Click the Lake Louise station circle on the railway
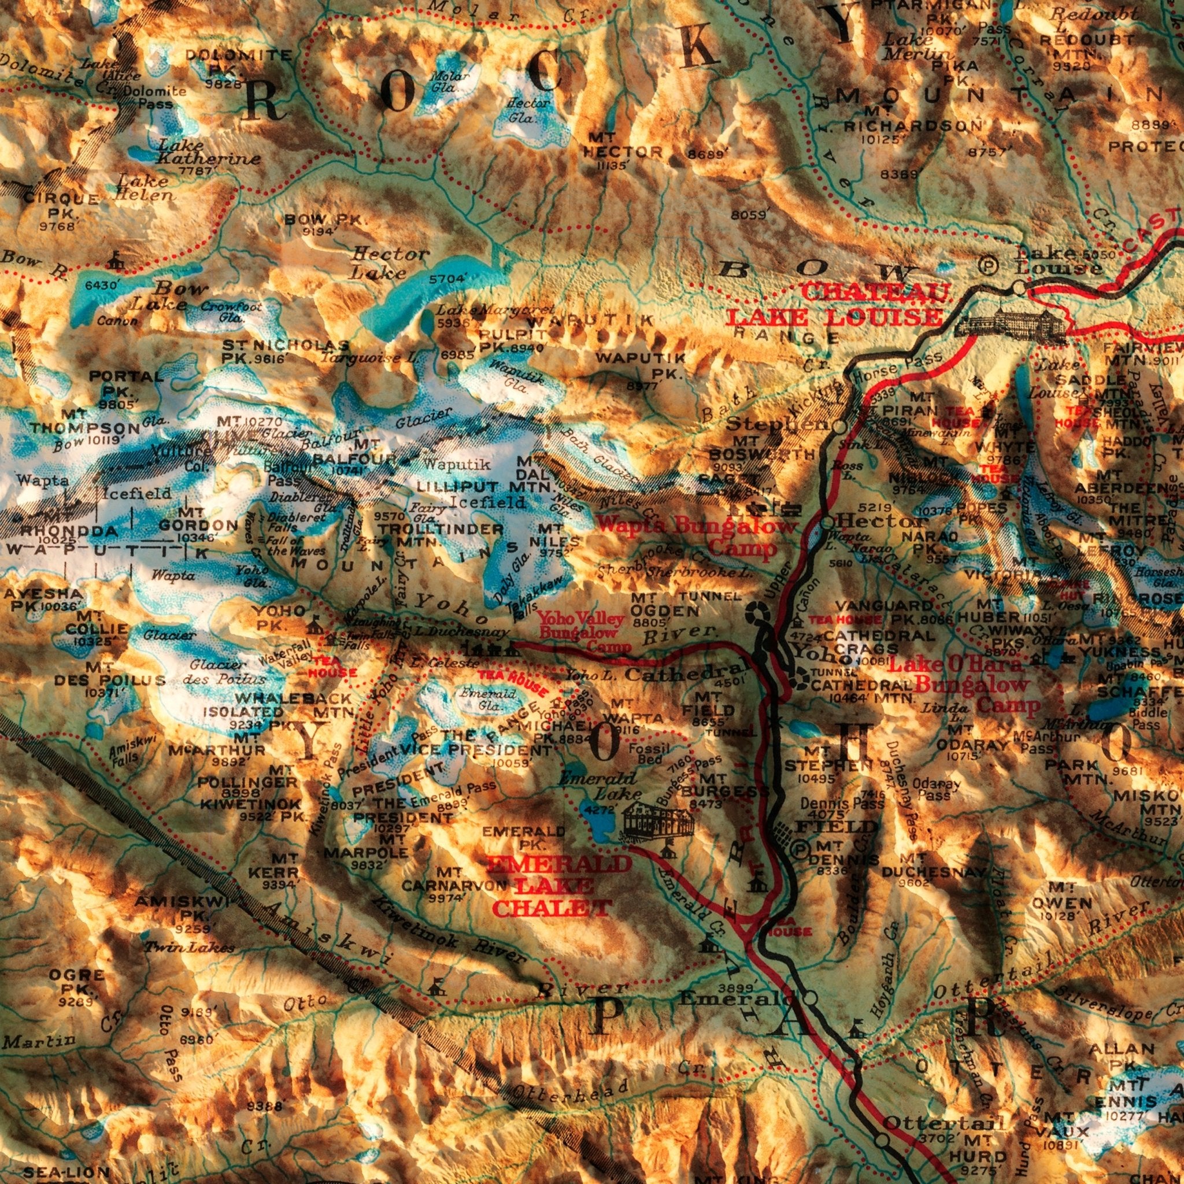pos(1019,286)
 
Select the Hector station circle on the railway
pos(827,523)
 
